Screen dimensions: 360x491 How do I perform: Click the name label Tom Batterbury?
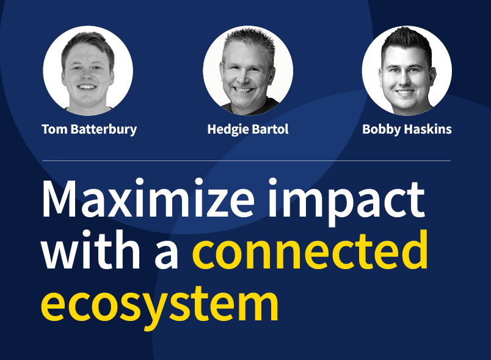(89, 129)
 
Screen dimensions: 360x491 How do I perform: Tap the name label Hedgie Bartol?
(248, 129)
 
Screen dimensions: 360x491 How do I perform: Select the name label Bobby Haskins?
(407, 129)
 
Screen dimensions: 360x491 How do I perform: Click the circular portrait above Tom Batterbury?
(88, 70)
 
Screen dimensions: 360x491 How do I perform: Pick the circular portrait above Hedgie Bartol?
(248, 70)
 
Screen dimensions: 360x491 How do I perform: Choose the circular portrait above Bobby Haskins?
(407, 70)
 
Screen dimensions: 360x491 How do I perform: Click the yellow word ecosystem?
(160, 303)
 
